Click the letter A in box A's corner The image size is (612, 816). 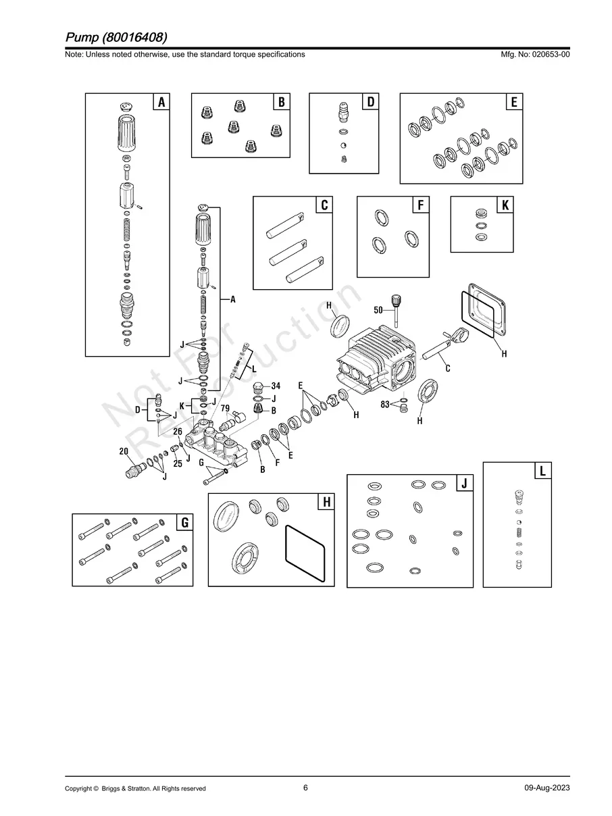coord(161,102)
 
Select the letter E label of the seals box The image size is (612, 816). coord(514,102)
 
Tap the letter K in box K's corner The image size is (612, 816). coord(505,205)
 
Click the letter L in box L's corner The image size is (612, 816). coord(543,471)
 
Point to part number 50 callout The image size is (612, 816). coord(378,309)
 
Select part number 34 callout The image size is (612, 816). coord(276,386)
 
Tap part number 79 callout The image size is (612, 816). coord(225,409)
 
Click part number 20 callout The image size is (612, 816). coord(124,451)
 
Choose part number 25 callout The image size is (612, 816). coord(178,463)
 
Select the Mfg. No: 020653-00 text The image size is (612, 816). coord(533,55)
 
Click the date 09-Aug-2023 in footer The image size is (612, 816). coord(546,788)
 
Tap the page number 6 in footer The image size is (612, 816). coord(305,788)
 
